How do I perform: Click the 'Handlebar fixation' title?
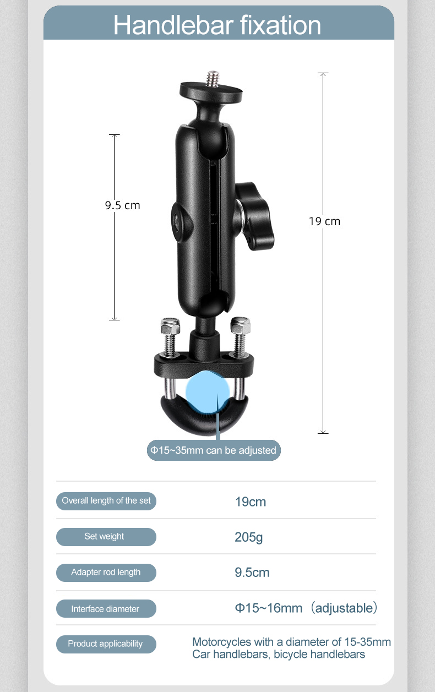[217, 25]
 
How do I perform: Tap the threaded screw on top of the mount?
[213, 77]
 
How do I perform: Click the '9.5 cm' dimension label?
[122, 205]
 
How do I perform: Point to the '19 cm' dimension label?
[324, 221]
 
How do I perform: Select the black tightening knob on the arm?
[255, 216]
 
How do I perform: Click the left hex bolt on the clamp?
[169, 337]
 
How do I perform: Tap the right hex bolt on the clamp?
[241, 337]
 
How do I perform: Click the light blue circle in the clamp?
[208, 392]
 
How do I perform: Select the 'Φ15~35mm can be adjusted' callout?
[214, 450]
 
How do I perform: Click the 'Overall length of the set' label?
[106, 501]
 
